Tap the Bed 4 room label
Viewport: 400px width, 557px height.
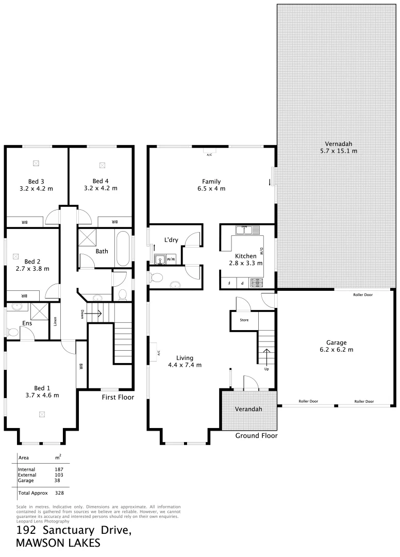coord(101,181)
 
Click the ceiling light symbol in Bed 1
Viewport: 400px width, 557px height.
coord(42,414)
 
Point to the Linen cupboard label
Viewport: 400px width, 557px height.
coord(55,321)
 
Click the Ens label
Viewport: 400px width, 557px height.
coord(27,323)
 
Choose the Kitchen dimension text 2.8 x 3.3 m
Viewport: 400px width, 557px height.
coord(246,263)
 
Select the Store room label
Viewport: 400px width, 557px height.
coord(244,320)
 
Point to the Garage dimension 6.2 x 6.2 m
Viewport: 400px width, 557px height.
coord(336,350)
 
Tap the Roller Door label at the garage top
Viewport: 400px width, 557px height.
coord(364,295)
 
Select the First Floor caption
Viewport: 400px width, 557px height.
coord(118,397)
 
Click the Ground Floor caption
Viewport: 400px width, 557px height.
coord(256,436)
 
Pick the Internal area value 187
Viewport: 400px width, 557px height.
coord(59,469)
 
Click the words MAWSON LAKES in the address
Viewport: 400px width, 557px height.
coord(58,543)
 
